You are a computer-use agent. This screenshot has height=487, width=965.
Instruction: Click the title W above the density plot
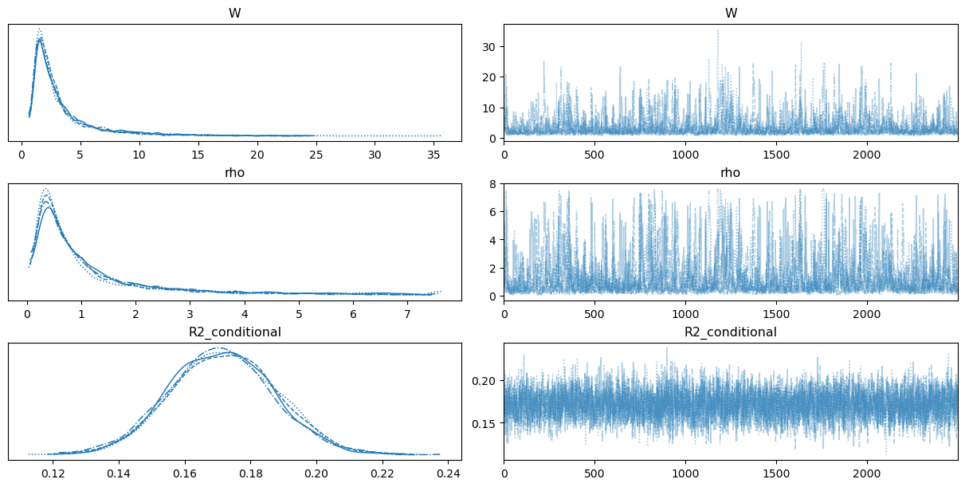235,14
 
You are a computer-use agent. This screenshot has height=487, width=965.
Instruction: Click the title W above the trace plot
731,14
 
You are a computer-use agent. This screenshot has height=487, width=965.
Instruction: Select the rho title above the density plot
235,173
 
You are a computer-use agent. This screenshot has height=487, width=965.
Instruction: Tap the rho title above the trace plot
731,173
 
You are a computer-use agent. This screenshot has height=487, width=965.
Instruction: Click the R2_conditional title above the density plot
235,332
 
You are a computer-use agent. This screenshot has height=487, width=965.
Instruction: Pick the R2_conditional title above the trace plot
731,332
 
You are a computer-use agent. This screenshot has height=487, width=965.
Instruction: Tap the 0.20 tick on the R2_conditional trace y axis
488,380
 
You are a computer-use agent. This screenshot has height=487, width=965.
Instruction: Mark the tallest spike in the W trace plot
717,29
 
